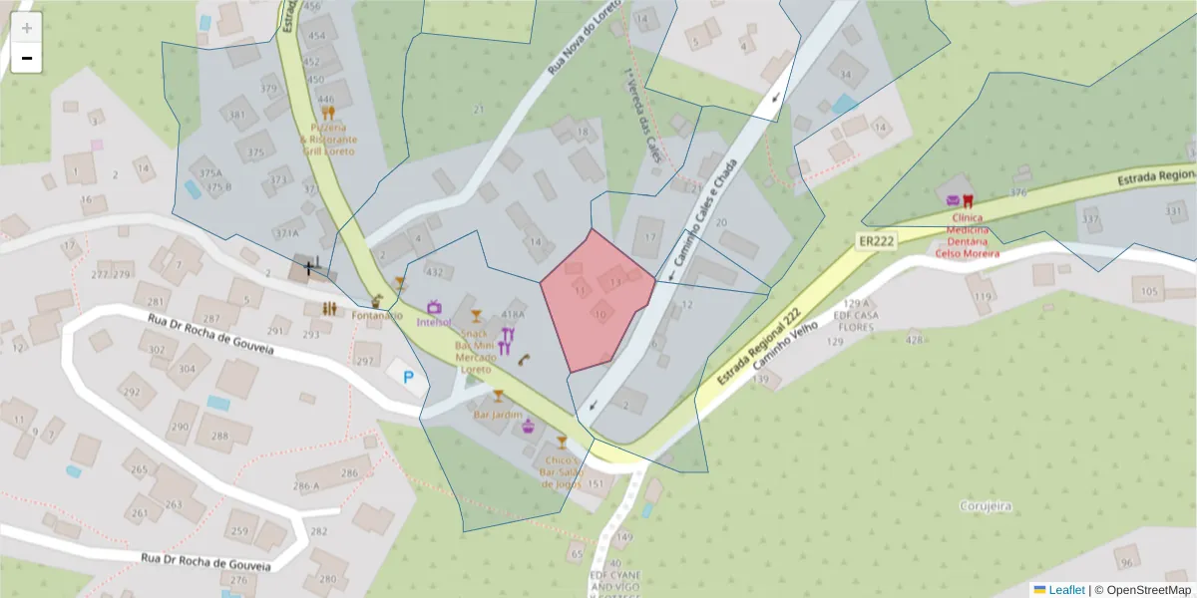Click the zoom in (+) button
[27, 27]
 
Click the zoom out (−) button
[27, 58]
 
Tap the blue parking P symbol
[408, 377]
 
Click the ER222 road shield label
[876, 241]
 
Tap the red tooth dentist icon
[967, 199]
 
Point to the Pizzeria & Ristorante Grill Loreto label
[328, 140]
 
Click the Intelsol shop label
[435, 322]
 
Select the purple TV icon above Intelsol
[434, 307]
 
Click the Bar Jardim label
[498, 414]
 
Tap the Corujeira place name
[986, 506]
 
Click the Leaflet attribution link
[1065, 590]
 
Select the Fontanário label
[377, 316]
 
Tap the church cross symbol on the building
[310, 265]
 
